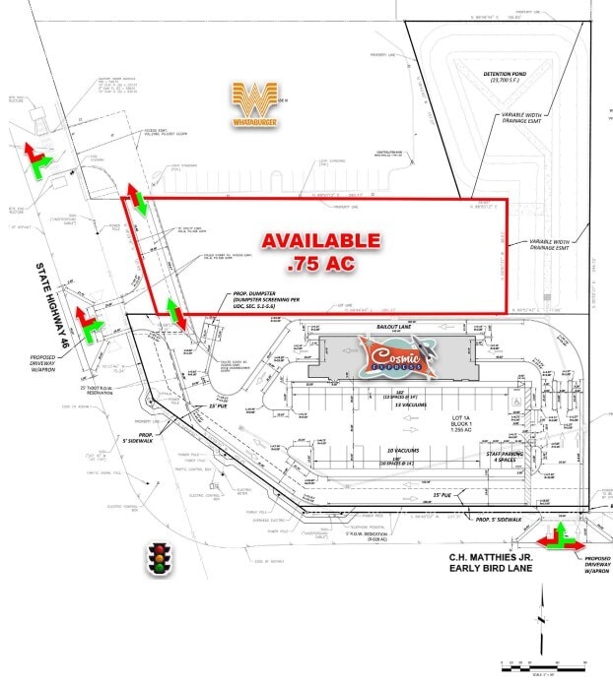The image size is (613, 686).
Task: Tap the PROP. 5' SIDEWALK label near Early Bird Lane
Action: (x=499, y=518)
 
